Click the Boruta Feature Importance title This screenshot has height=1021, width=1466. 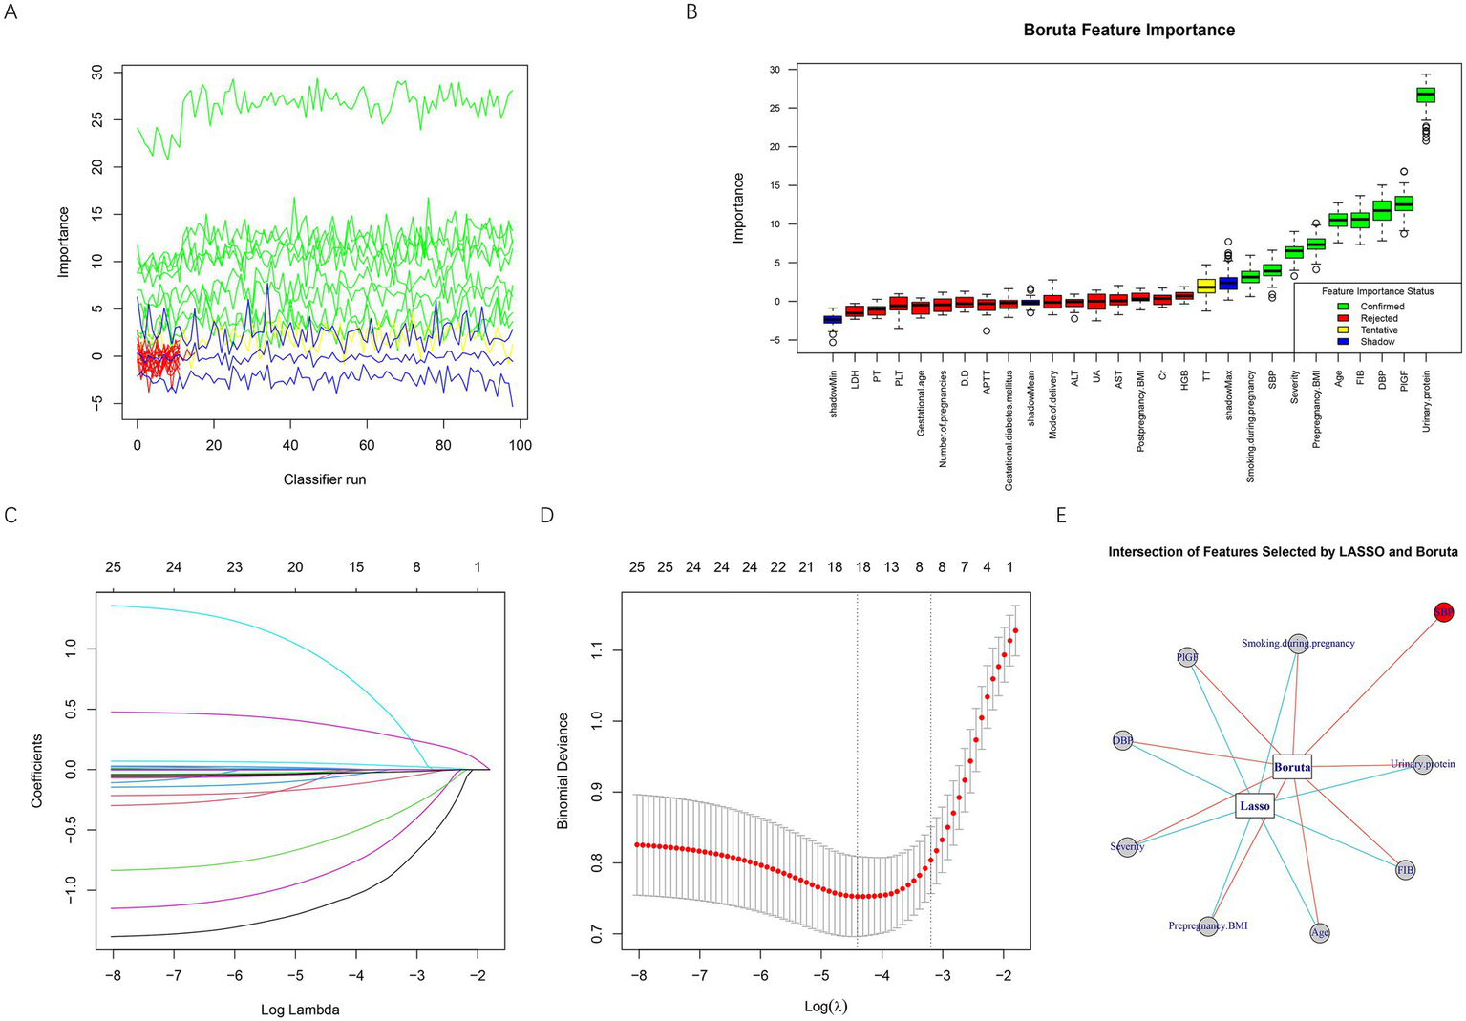(x=1129, y=30)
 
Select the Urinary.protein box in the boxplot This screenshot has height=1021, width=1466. (x=1425, y=95)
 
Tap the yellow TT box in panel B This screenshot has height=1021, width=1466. (x=1206, y=286)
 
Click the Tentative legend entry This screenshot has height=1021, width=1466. (x=1378, y=330)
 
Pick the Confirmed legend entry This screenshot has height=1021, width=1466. (x=1381, y=307)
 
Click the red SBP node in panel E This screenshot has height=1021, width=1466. (x=1444, y=612)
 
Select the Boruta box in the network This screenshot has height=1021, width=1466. (x=1292, y=766)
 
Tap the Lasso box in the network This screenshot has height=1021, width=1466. (x=1254, y=806)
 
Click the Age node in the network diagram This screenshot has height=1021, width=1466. (x=1320, y=932)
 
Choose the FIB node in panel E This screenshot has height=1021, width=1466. (x=1405, y=870)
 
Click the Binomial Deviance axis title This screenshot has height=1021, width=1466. (x=563, y=770)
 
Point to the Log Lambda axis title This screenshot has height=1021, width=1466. (x=300, y=1009)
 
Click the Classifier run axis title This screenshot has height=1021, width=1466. (x=325, y=479)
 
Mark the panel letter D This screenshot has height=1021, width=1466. (x=546, y=516)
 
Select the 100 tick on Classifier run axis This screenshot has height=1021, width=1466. (x=520, y=445)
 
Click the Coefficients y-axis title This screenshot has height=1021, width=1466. (x=37, y=770)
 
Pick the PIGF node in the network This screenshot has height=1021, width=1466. (x=1187, y=657)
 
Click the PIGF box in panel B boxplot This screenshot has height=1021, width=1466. (x=1403, y=203)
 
